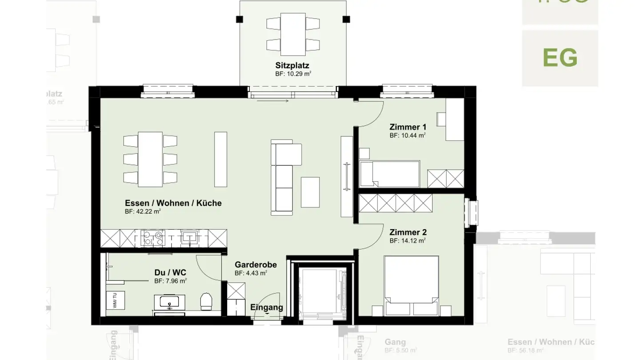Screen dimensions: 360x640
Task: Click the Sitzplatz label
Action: click(292, 66)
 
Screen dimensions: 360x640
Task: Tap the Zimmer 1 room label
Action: click(408, 127)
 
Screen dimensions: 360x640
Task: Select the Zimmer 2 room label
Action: click(408, 232)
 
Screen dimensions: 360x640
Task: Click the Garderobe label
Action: click(256, 265)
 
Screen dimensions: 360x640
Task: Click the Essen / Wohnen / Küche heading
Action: click(173, 203)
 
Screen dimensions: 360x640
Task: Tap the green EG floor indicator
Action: click(560, 58)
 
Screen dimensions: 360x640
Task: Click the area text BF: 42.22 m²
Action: click(143, 212)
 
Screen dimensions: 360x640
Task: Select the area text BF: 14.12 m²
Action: click(408, 241)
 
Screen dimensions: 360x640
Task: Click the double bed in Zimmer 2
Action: click(411, 284)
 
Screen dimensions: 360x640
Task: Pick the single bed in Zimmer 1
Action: click(390, 173)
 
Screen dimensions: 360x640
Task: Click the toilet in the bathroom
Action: click(206, 301)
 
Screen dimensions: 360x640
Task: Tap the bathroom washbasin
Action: click(169, 302)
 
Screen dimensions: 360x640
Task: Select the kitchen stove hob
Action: click(153, 237)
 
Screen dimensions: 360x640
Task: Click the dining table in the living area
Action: click(150, 159)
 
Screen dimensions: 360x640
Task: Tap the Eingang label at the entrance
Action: click(266, 307)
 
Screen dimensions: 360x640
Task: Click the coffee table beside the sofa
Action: click(310, 192)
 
